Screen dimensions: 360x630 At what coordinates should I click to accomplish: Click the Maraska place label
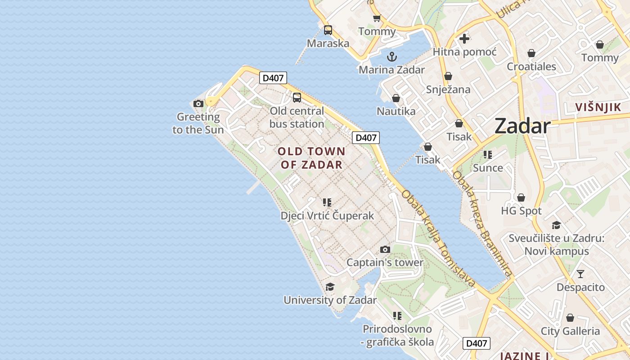pos(328,44)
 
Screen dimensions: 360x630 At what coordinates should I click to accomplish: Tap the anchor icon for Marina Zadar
pos(392,57)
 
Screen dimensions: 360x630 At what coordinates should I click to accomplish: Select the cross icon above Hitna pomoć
pos(464,39)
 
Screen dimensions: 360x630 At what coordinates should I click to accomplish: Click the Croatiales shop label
pos(531,67)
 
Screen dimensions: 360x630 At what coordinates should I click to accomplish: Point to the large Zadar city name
pos(522,126)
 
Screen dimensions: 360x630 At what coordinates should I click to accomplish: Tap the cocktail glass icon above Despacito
pos(580,274)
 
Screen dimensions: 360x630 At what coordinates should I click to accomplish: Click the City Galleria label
pos(570,331)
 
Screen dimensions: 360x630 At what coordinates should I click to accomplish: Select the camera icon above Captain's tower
pos(385,249)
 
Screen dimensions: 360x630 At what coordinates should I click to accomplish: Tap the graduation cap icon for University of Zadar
pos(330,287)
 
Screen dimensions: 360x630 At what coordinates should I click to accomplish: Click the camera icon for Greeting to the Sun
pos(198,104)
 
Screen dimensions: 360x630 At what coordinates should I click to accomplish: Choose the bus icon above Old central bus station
pos(297,97)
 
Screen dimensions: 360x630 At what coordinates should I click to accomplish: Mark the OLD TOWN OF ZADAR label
pos(312,158)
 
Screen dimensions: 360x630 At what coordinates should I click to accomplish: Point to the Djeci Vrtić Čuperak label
pos(327,216)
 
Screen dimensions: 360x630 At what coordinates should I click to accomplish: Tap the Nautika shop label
pos(396,111)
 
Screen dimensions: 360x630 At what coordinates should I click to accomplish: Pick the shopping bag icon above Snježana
pos(448,76)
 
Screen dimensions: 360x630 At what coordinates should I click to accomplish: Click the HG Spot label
pos(521,211)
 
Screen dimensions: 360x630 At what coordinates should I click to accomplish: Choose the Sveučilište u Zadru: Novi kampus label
pos(556,244)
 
